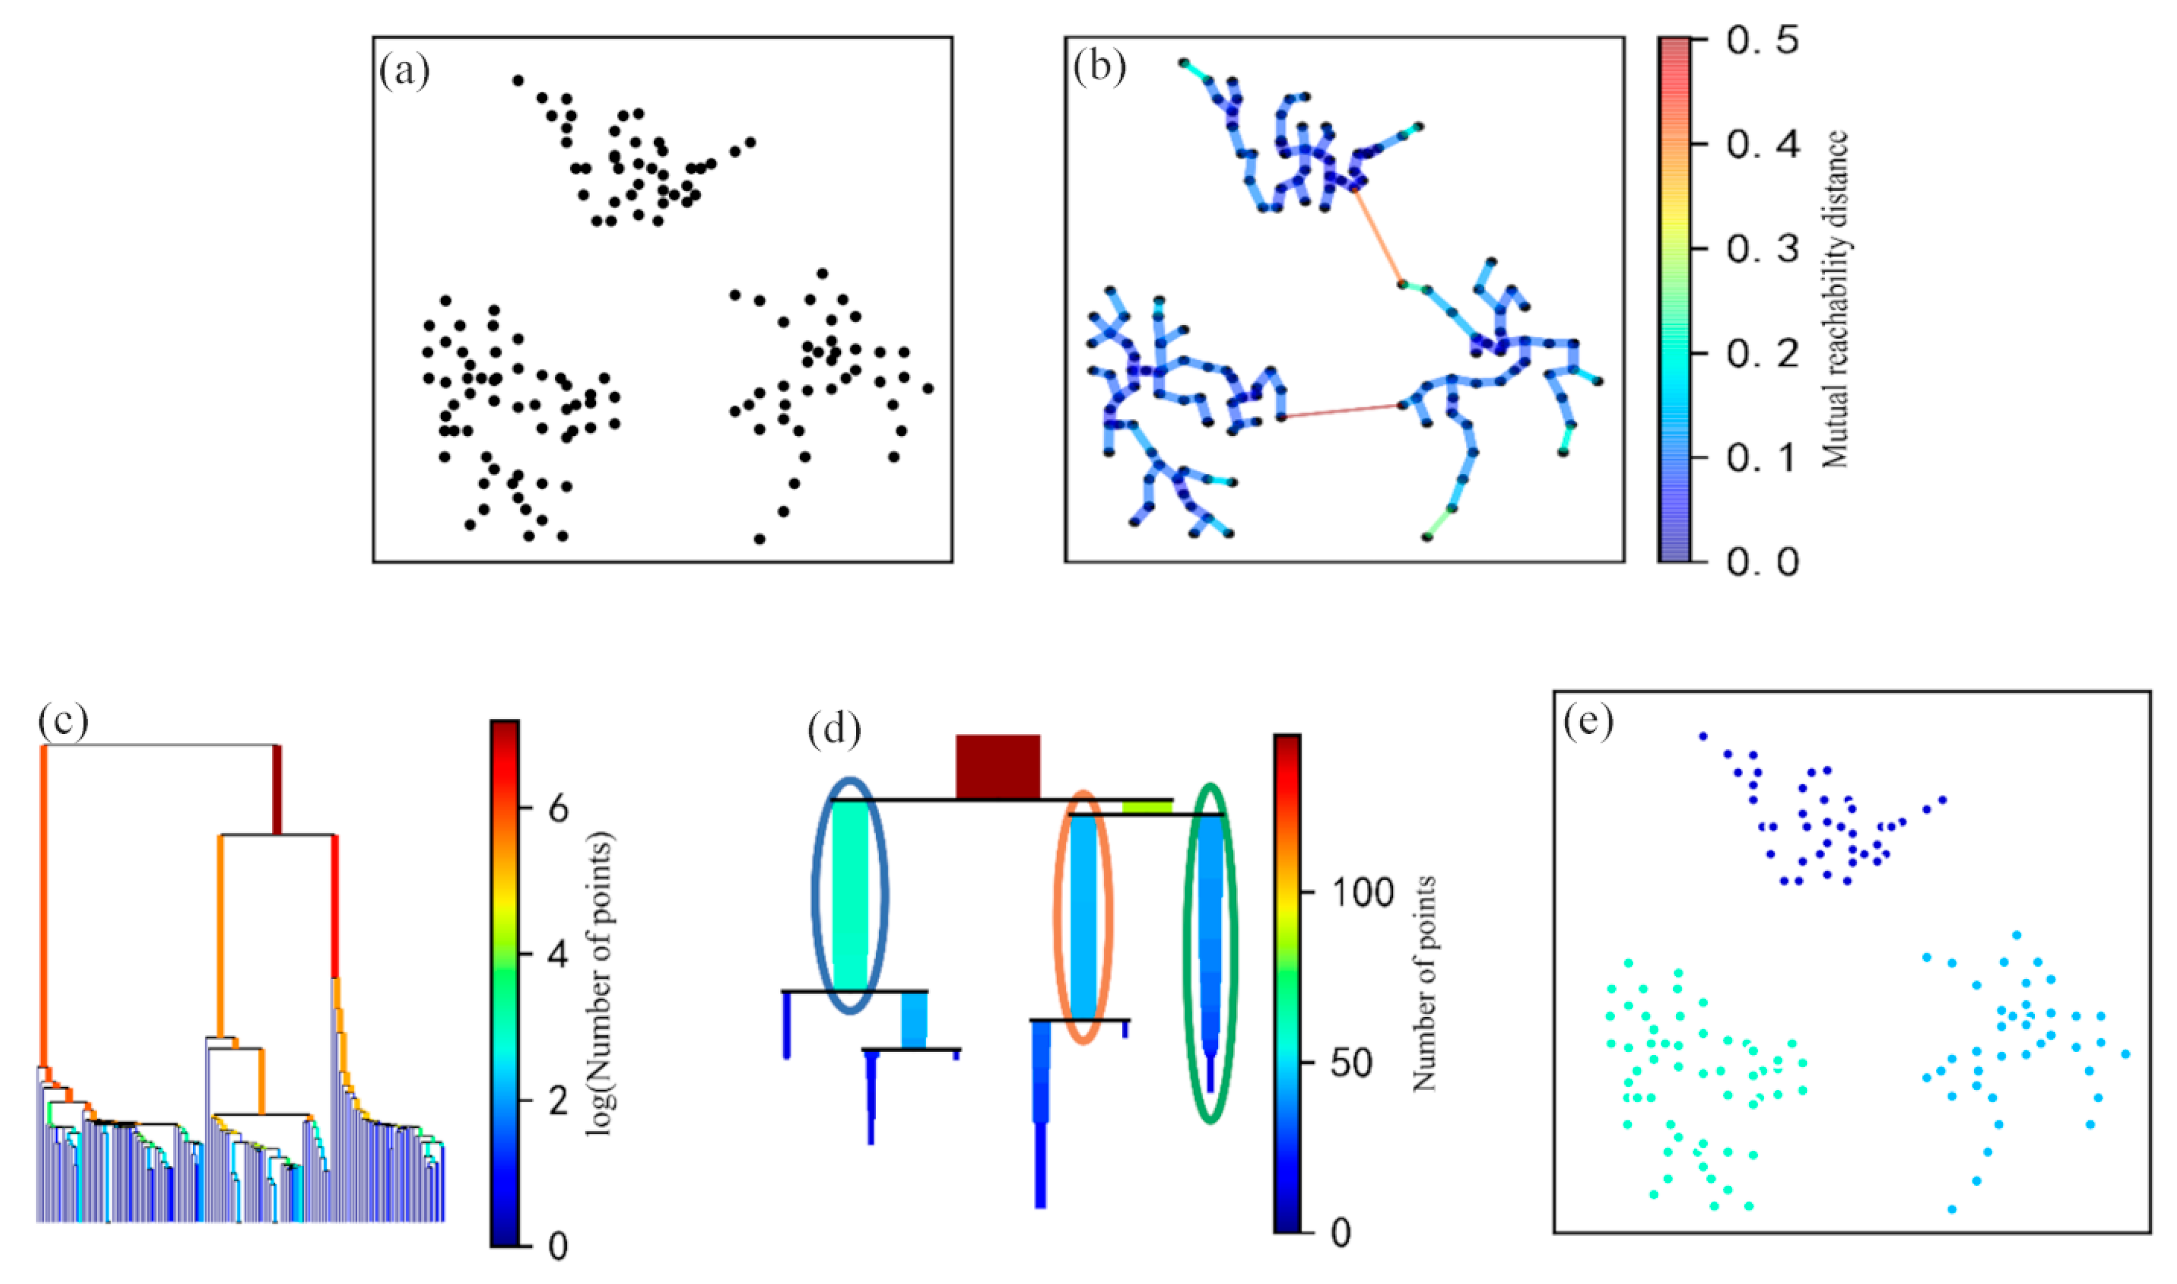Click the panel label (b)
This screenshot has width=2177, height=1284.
[1099, 67]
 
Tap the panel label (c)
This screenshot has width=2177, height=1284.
[63, 721]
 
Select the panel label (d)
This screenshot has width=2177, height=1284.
[834, 729]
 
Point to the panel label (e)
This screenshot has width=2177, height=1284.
[1588, 721]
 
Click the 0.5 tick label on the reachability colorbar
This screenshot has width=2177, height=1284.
[1761, 41]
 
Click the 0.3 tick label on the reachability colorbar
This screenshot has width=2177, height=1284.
[1761, 249]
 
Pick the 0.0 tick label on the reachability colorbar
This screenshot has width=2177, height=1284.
[1761, 562]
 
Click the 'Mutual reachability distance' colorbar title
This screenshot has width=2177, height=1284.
[1835, 299]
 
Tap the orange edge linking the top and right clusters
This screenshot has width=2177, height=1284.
[1378, 237]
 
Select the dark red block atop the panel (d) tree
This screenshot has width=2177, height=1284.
[997, 766]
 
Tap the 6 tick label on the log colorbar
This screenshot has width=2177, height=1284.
[558, 809]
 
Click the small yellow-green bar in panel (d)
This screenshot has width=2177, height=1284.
[1147, 807]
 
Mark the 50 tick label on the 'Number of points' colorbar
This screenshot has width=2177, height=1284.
[1350, 1063]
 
